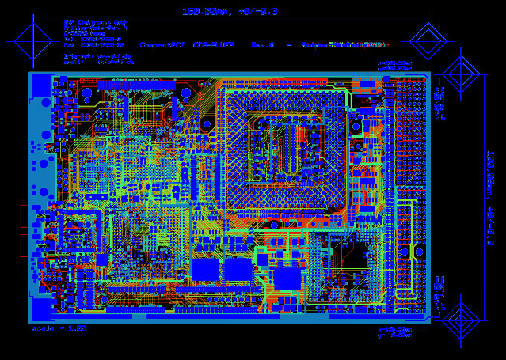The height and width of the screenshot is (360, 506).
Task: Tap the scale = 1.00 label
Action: (x=59, y=328)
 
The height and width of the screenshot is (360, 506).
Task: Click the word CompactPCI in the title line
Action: (x=162, y=45)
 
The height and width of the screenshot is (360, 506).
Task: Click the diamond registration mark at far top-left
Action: (x=32, y=40)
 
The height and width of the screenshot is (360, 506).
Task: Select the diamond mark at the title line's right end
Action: (x=428, y=40)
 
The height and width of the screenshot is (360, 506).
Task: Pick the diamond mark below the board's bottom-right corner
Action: (x=461, y=320)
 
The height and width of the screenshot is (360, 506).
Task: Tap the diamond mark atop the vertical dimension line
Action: (x=461, y=74)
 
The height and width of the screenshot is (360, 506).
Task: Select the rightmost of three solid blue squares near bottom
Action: (x=287, y=279)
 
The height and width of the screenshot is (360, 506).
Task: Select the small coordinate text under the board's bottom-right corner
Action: (x=396, y=332)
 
